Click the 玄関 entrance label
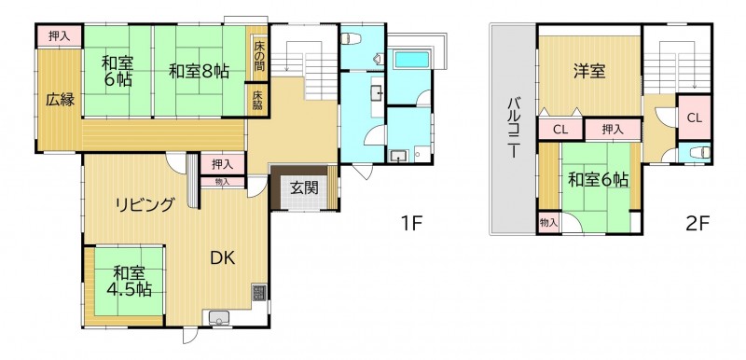[304, 188]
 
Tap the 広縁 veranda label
[61, 100]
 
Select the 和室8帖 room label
[200, 71]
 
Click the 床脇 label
[257, 100]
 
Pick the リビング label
[145, 205]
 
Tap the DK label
[223, 257]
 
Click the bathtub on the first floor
[412, 60]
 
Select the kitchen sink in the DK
[218, 316]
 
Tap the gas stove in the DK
[259, 293]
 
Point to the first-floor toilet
[348, 38]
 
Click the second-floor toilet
[704, 153]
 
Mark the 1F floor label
[411, 223]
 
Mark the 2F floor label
[698, 223]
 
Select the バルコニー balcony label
[514, 127]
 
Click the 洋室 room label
[589, 73]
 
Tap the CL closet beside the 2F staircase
[695, 118]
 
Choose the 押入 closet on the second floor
[613, 130]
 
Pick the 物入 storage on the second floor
[549, 223]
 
